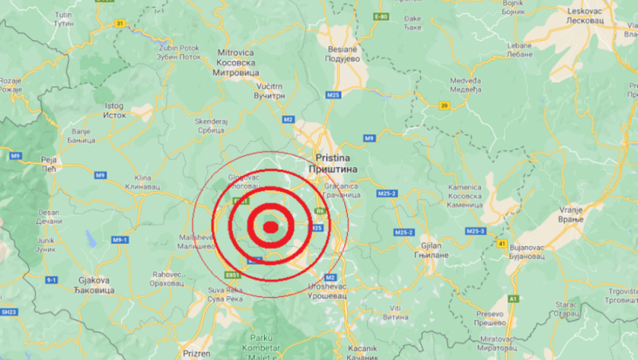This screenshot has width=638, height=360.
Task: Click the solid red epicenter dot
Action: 271,226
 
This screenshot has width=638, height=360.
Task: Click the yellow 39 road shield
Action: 445,105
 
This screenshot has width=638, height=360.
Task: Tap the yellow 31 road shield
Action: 121,23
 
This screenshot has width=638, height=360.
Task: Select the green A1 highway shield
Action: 514,298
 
